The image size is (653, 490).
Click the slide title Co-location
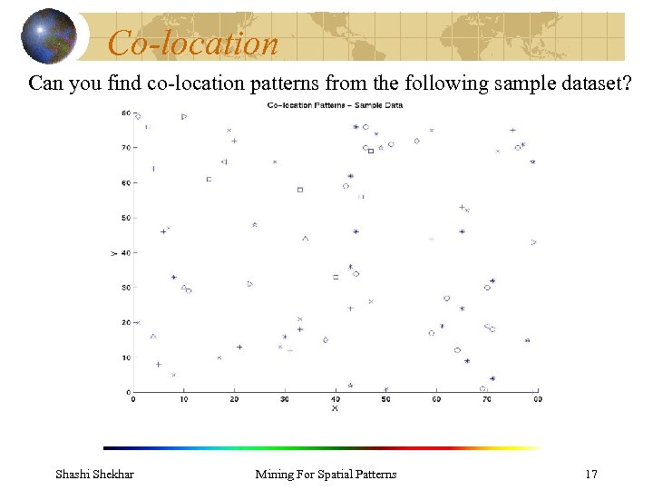coord(192,43)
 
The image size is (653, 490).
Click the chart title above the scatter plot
coord(335,105)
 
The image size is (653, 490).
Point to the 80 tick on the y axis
coord(124,113)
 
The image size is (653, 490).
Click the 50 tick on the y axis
coord(124,218)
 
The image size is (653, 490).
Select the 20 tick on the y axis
coord(124,323)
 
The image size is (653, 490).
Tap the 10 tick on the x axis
coord(184,399)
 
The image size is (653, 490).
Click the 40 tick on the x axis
coord(336,399)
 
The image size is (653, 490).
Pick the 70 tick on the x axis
coord(487,399)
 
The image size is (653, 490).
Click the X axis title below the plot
coord(335,409)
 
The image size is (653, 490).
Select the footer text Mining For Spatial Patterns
coord(326,474)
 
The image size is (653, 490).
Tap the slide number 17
coord(591,474)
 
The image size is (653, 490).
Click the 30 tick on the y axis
coord(124,288)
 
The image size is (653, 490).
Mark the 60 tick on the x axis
coord(436,399)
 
